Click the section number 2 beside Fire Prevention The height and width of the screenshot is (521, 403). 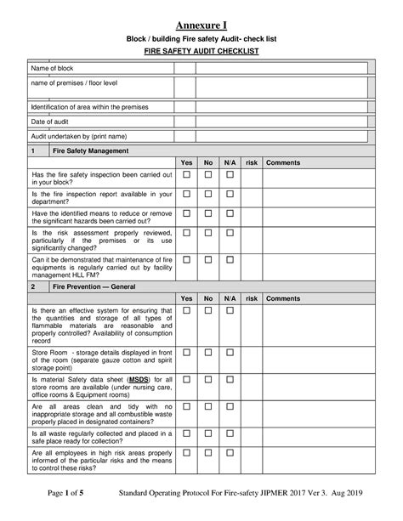[x=33, y=288]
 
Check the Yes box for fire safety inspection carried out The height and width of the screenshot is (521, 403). [x=186, y=174]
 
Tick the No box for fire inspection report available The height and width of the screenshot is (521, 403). [x=207, y=194]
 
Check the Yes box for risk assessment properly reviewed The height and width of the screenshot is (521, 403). [x=186, y=233]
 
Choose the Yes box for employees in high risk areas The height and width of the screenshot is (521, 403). [x=186, y=454]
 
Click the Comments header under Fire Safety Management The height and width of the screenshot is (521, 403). [x=283, y=161]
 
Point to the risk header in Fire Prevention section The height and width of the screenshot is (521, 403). [x=252, y=299]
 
